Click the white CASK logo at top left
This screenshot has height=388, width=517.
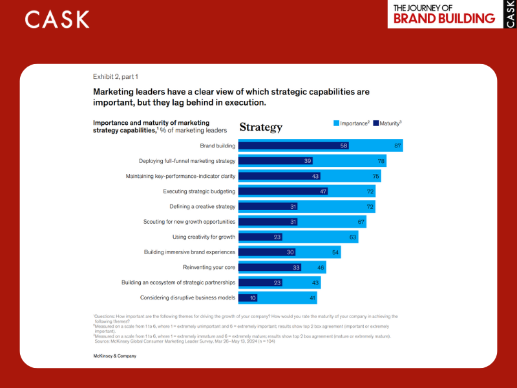coord(58,19)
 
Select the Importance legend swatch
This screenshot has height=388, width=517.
coord(336,123)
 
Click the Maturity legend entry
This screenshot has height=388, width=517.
coord(387,123)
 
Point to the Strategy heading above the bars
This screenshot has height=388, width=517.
coord(260,127)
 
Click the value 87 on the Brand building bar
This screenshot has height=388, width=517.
coord(398,146)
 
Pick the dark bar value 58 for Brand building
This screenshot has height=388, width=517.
coord(344,146)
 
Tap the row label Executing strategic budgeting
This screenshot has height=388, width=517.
coord(199,191)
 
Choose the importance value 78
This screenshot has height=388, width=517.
coord(381,161)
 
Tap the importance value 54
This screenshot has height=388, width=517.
coord(335,252)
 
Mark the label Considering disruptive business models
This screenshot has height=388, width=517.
coord(187,297)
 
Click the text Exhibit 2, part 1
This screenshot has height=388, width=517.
coord(116,76)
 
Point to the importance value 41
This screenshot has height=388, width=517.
coord(312,297)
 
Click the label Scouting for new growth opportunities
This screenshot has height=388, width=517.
coord(189,222)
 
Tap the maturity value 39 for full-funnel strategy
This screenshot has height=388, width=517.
coord(308,161)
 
